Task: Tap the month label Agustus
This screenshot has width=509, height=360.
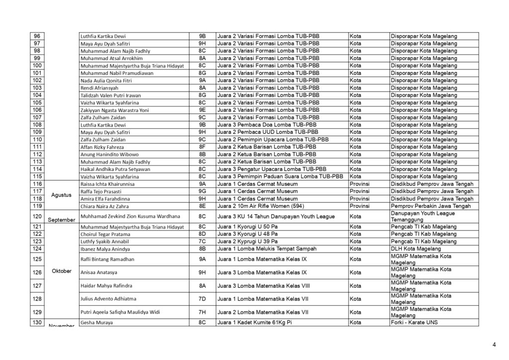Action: [x=62, y=195]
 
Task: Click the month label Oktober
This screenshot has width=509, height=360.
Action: [x=62, y=271]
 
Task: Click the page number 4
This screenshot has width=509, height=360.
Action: [x=494, y=344]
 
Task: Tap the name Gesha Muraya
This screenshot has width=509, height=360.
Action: [x=96, y=323]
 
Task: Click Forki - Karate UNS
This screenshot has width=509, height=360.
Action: [x=415, y=322]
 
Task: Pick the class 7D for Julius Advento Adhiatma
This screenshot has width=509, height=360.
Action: [x=202, y=299]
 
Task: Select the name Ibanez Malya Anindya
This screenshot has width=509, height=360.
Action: [x=105, y=249]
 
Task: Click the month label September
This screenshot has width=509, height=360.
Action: [x=62, y=219]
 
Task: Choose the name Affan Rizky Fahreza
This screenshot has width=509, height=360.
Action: [x=102, y=147]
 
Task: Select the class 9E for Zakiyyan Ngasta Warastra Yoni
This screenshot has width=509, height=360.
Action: [x=202, y=110]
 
